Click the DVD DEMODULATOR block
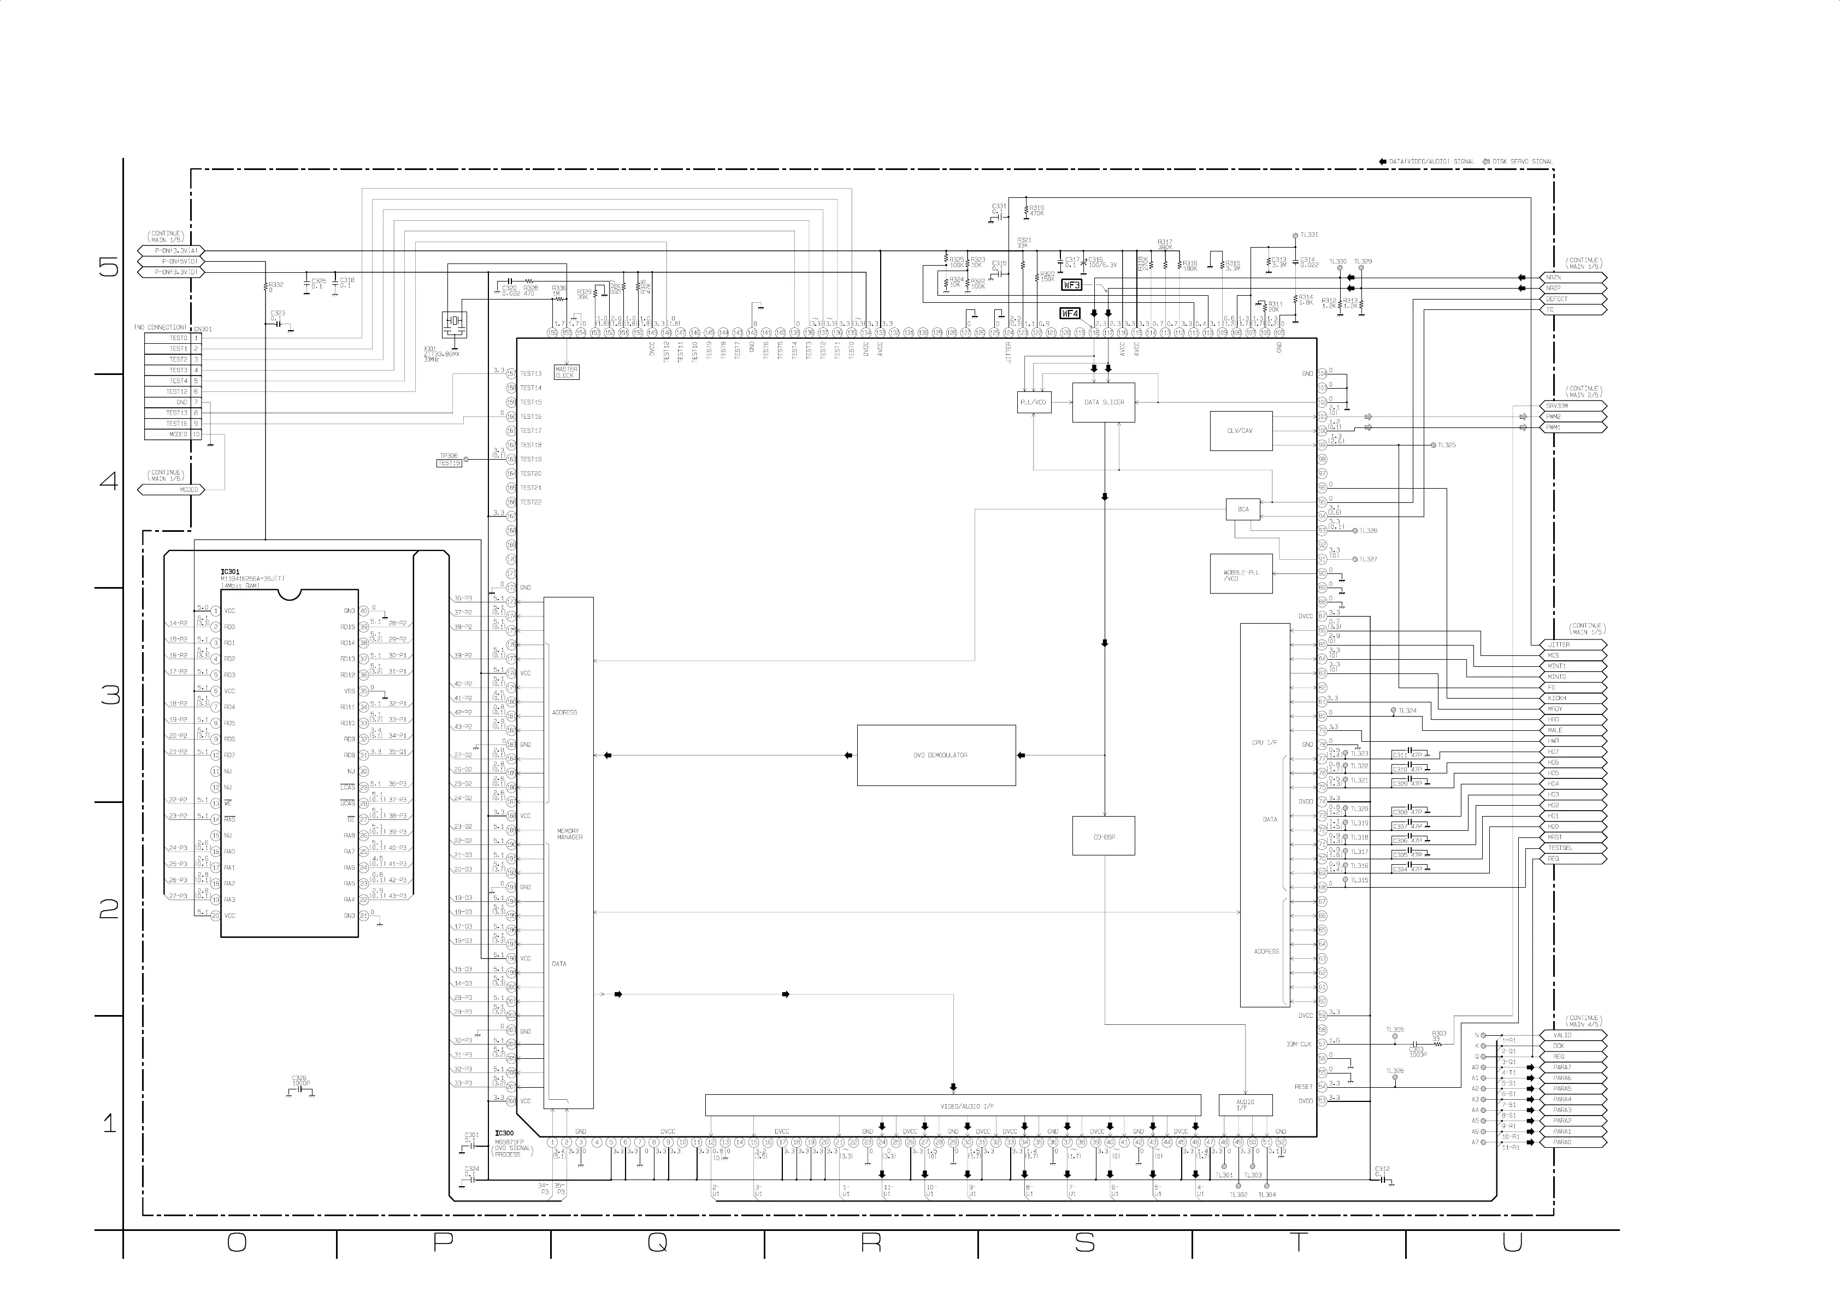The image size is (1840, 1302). click(x=936, y=755)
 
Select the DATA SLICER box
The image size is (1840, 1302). click(x=1104, y=402)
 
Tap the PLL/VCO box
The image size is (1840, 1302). click(x=1033, y=402)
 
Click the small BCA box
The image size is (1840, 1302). click(x=1242, y=509)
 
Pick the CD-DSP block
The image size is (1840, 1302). click(x=1104, y=837)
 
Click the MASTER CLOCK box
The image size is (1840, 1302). click(x=566, y=373)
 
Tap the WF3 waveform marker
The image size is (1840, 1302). click(x=1071, y=285)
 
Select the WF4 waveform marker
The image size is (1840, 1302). click(x=1070, y=313)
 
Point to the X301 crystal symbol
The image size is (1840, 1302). click(x=455, y=322)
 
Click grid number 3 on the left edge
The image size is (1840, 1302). click(x=110, y=695)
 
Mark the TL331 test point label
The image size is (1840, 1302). click(x=1308, y=235)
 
